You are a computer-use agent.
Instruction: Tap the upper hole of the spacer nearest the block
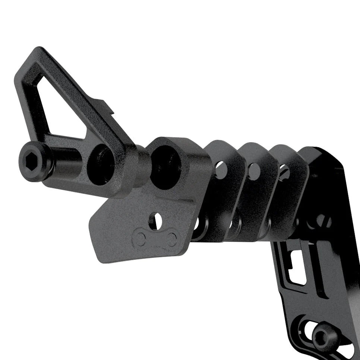(221, 169)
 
